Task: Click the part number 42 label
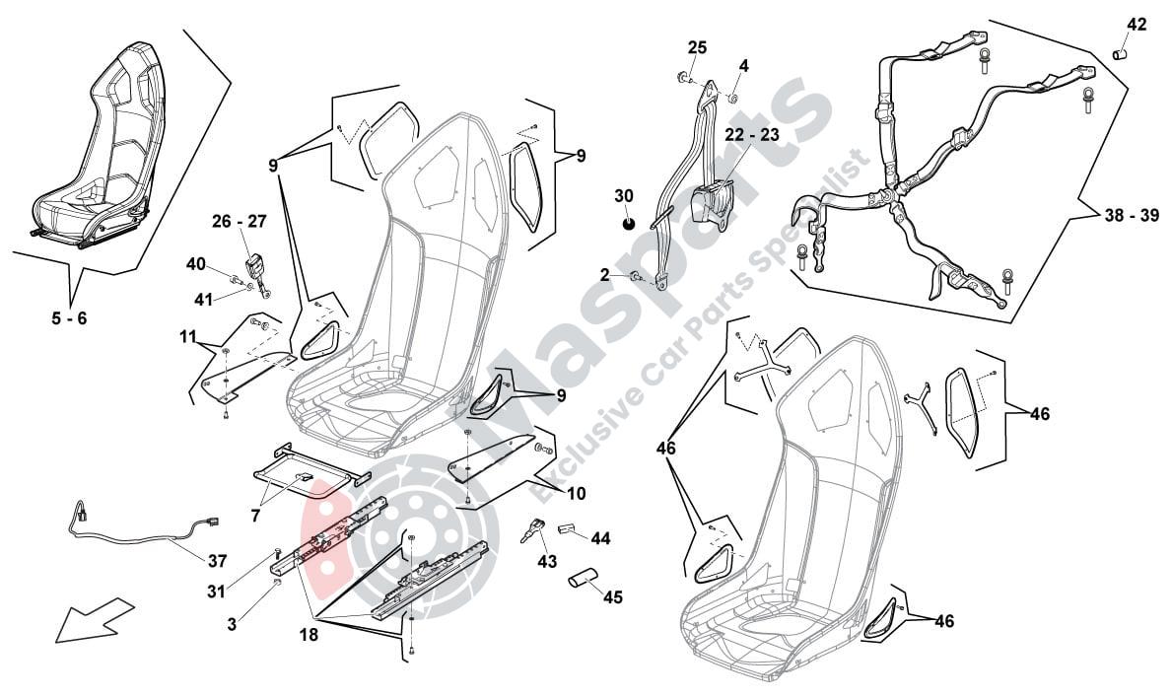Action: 1137,25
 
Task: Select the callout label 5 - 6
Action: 70,319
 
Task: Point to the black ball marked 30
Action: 628,223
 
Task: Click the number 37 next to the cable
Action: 217,561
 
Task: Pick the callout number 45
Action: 613,596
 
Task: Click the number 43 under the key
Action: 547,561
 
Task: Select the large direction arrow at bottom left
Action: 95,619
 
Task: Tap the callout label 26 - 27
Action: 239,222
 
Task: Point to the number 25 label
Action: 697,47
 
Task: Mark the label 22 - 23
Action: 752,134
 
